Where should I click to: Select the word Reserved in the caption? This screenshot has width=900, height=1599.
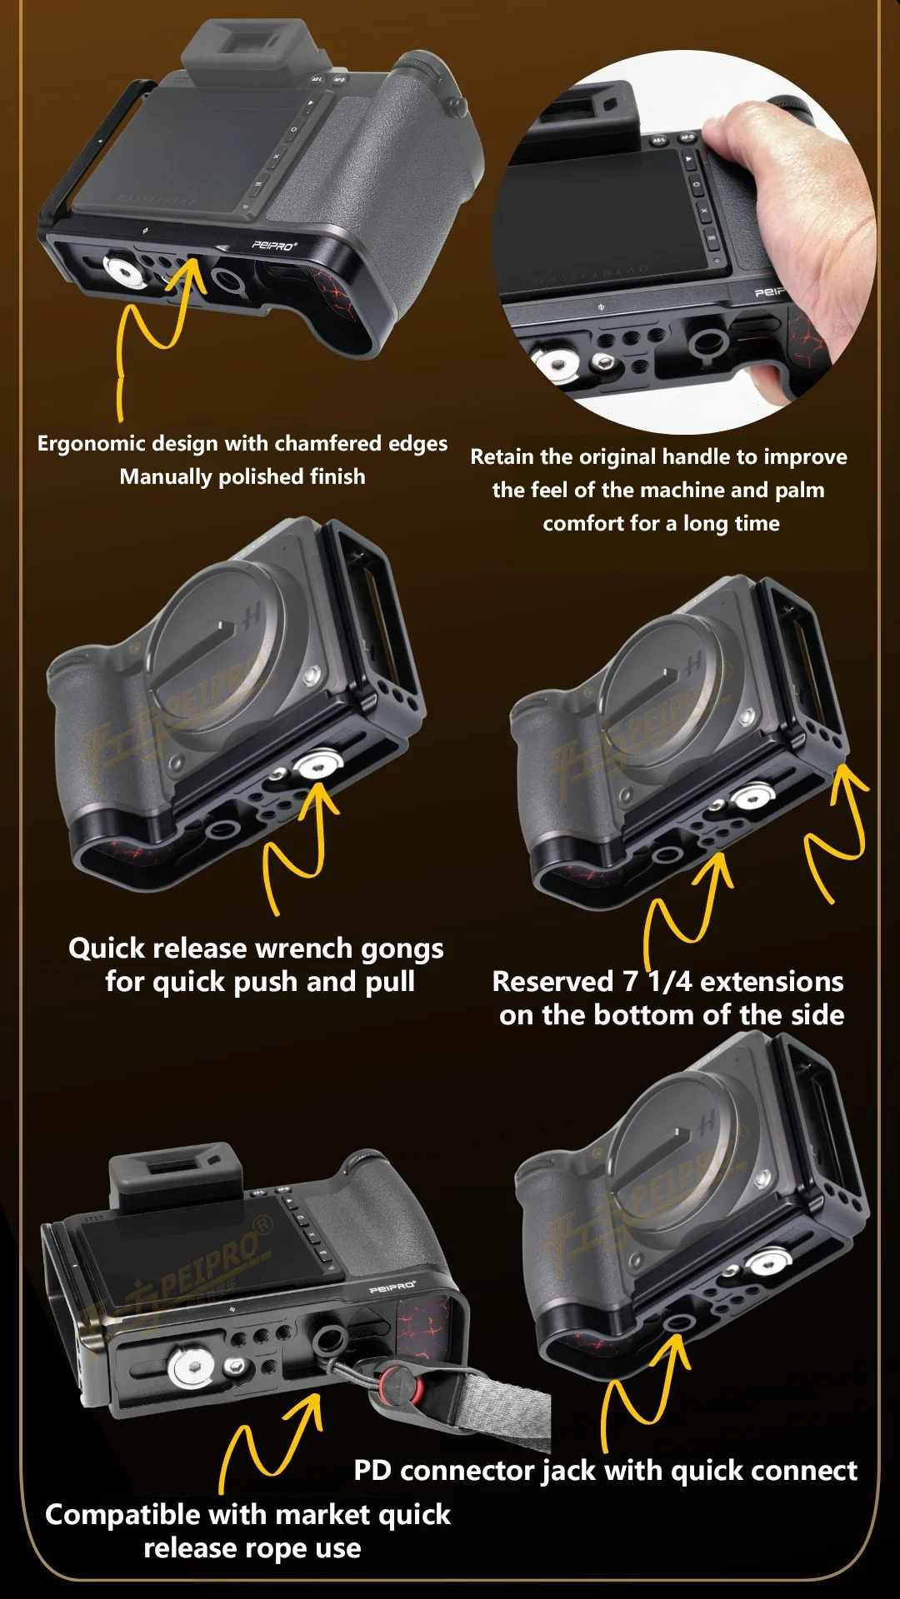point(552,982)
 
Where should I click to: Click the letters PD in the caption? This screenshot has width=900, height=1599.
point(372,1471)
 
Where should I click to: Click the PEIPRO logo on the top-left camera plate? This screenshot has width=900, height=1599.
point(274,245)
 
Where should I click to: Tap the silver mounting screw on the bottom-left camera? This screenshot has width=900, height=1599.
point(192,1366)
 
